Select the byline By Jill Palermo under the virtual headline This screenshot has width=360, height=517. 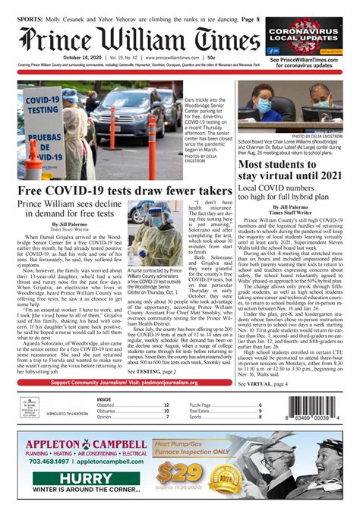pyautogui.click(x=293, y=206)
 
